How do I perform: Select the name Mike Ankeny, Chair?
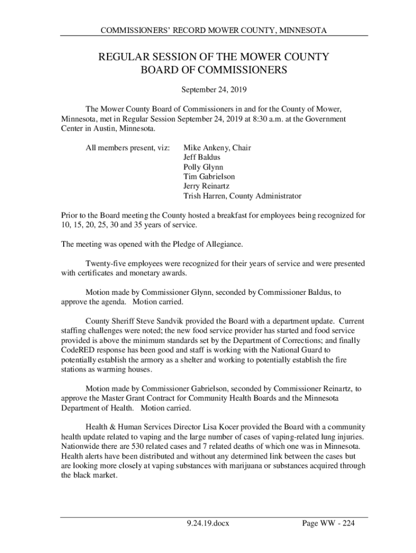(217, 147)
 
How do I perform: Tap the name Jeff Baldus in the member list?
(205, 157)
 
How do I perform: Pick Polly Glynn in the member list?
(203, 167)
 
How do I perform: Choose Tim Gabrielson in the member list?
(209, 177)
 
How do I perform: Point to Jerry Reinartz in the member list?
(206, 186)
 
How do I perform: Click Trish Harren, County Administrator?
(242, 196)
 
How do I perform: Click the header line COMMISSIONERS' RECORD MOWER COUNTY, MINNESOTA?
(213, 31)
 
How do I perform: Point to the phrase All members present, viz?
(128, 147)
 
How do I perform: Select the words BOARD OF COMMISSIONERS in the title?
(213, 71)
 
